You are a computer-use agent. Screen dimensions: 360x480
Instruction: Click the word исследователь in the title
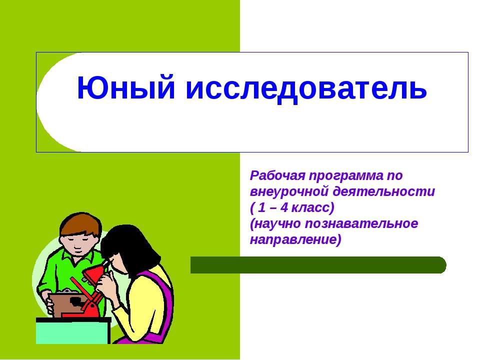tap(306, 88)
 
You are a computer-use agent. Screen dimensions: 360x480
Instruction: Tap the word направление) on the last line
tap(295, 239)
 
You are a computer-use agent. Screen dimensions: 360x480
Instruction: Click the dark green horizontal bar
tap(318, 265)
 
